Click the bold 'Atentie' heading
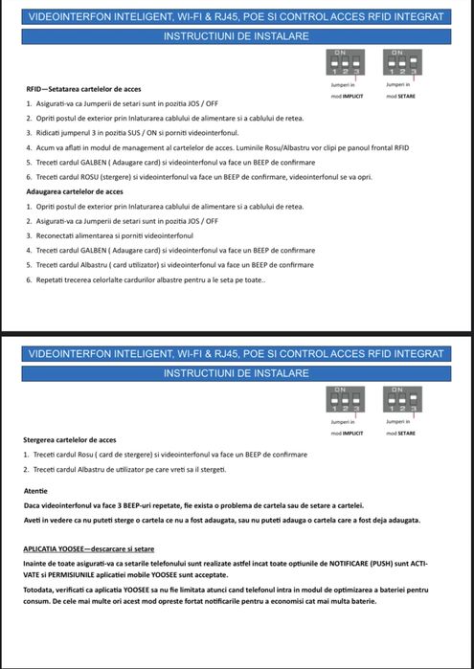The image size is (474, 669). tap(35, 491)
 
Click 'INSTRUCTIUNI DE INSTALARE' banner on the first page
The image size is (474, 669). tap(236, 35)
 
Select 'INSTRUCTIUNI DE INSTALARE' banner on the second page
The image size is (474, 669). tap(236, 372)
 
